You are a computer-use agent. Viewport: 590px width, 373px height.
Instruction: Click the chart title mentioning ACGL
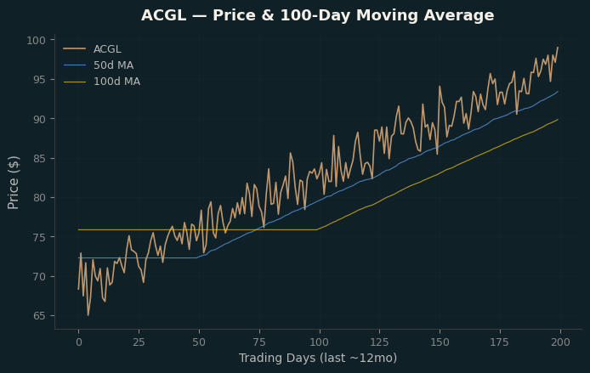click(318, 15)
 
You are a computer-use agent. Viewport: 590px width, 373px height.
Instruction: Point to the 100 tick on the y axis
click(36, 40)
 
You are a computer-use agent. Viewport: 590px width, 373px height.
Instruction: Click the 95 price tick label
click(39, 80)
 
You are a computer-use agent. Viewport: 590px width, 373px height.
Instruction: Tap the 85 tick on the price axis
click(39, 159)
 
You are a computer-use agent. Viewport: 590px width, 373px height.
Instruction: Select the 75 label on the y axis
click(39, 237)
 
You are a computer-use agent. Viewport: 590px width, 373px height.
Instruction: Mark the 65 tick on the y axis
click(39, 316)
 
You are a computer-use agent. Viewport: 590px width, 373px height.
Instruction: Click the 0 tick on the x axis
click(79, 342)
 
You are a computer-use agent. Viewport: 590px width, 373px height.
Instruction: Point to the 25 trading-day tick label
click(139, 342)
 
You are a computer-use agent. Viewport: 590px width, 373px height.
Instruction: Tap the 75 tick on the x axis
click(259, 342)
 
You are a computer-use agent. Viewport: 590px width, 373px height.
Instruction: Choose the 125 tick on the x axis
click(379, 342)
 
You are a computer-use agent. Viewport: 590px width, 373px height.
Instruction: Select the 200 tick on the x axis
click(560, 342)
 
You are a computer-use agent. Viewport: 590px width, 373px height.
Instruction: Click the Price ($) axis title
click(13, 183)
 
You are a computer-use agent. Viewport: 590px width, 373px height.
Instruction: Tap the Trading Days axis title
click(318, 358)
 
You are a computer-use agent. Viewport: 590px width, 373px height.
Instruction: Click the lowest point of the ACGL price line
click(88, 315)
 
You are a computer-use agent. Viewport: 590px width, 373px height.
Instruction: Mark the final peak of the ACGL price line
click(558, 48)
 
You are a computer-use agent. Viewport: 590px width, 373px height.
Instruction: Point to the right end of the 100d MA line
click(558, 119)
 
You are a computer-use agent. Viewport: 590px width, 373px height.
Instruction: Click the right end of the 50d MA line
click(558, 91)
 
